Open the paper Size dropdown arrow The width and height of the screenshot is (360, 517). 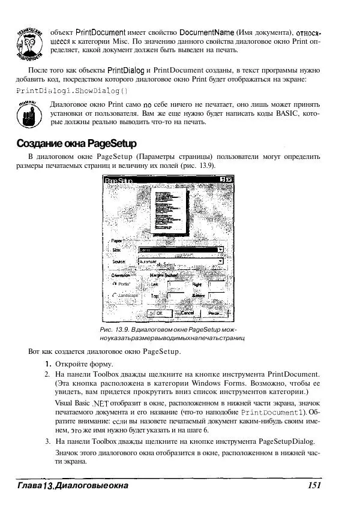pyautogui.click(x=220, y=249)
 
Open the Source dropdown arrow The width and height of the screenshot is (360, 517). pyautogui.click(x=220, y=261)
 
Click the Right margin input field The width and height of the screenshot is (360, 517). pyautogui.click(x=217, y=284)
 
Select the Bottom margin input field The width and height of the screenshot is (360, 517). pyautogui.click(x=217, y=296)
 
